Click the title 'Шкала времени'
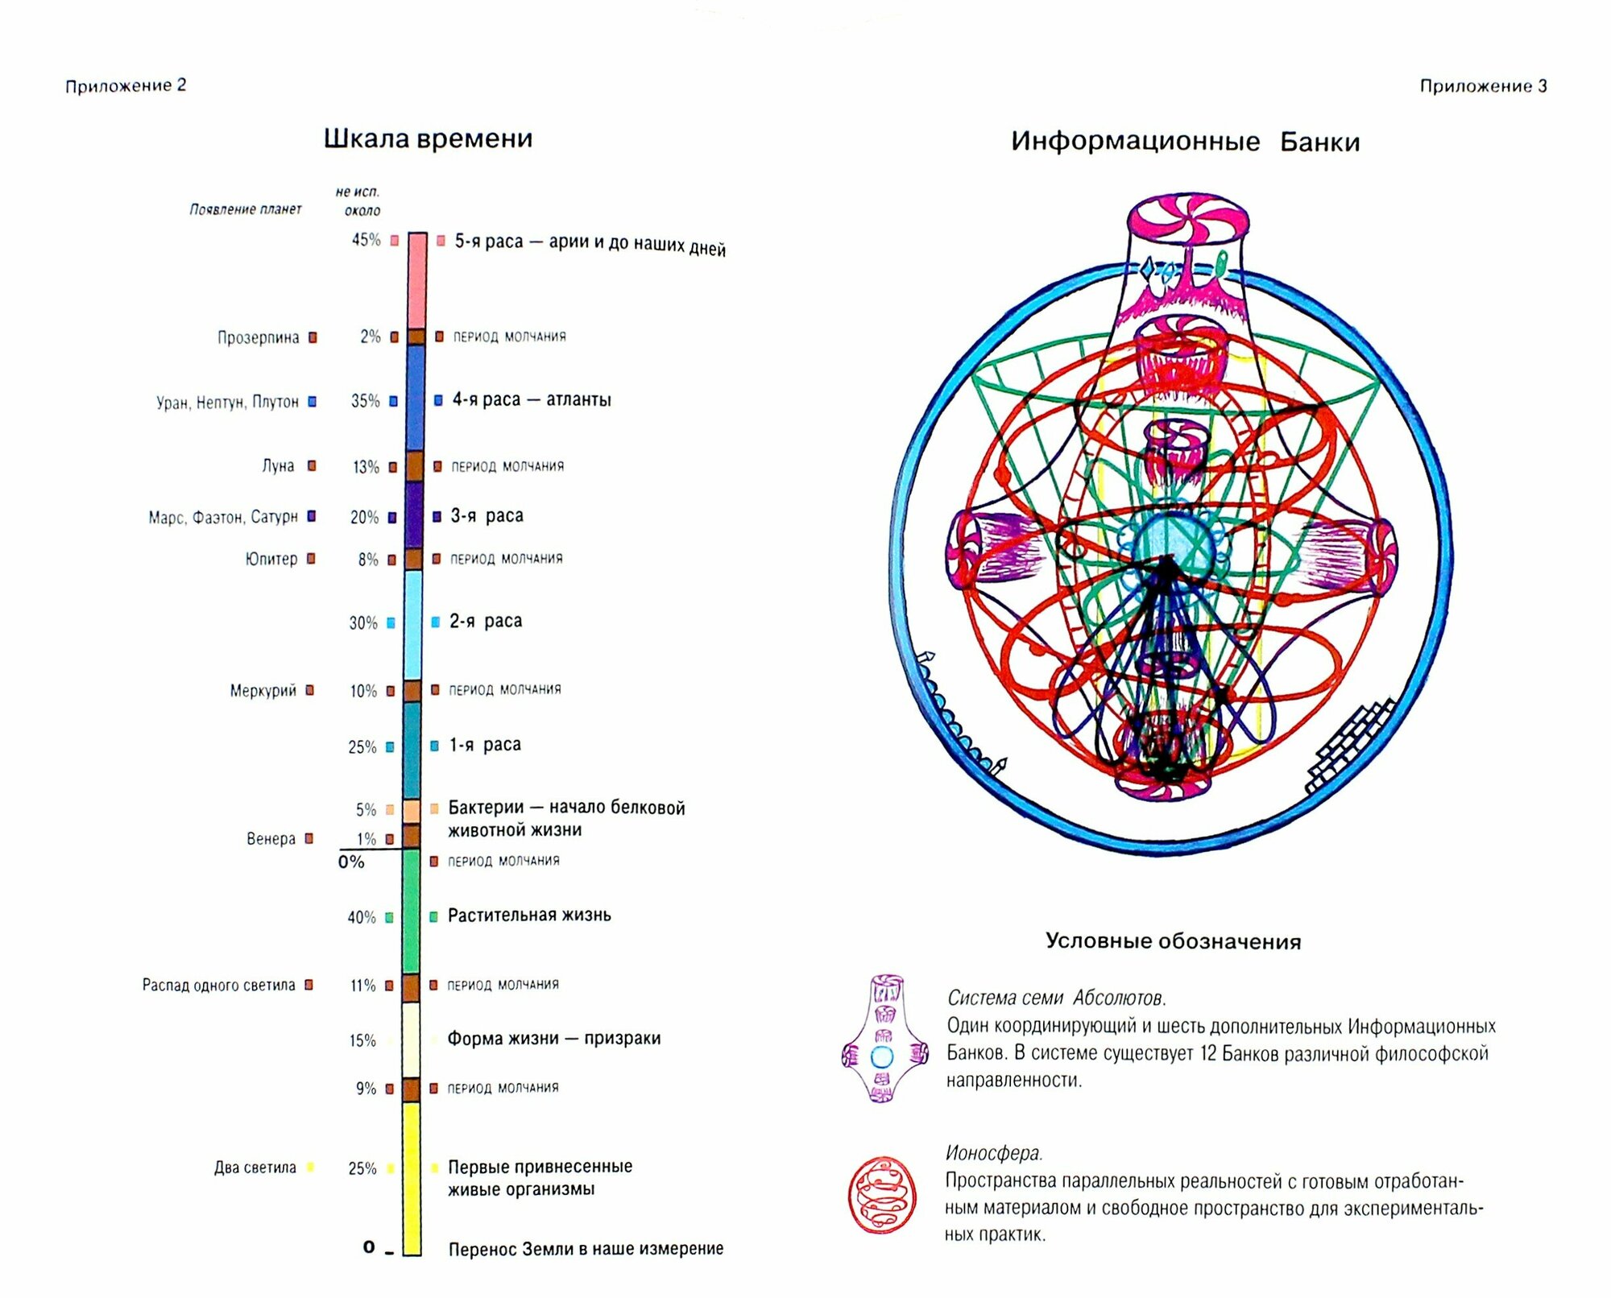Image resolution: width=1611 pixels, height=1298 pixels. [428, 138]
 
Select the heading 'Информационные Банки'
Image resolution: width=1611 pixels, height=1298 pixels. [1185, 142]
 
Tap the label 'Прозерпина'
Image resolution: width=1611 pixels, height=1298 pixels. [258, 337]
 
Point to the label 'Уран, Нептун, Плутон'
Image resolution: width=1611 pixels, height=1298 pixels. [227, 402]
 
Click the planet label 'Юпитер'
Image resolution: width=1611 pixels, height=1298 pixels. [271, 559]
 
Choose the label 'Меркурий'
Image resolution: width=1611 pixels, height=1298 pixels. [263, 691]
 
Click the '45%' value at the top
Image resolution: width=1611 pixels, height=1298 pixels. [366, 240]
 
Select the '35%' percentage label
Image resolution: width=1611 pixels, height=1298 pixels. [365, 401]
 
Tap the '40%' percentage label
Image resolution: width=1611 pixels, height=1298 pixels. [362, 917]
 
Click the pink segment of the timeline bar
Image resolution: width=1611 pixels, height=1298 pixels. [416, 280]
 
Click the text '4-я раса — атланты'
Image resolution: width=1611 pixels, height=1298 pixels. [531, 399]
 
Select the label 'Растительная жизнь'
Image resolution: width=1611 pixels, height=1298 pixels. [529, 916]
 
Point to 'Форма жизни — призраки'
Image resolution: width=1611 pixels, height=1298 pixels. [553, 1039]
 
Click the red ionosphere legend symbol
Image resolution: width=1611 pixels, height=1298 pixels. [882, 1195]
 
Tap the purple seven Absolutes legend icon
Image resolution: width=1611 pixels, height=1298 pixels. [884, 1039]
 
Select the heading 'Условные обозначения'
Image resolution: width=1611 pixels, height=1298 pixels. [1173, 941]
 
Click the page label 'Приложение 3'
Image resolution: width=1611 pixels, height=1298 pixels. [1482, 86]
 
